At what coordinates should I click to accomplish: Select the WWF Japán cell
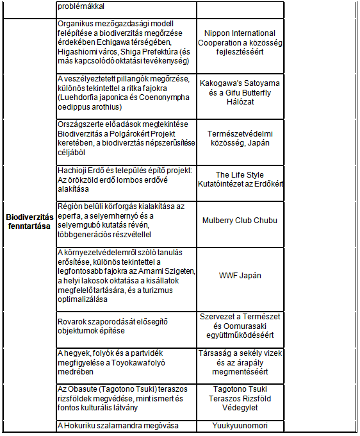click(x=240, y=276)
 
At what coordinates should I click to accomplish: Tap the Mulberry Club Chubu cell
click(x=240, y=221)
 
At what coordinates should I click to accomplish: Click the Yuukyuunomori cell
click(x=240, y=425)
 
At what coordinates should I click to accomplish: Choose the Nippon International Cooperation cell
click(x=240, y=42)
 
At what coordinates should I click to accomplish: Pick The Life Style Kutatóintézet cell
click(x=240, y=180)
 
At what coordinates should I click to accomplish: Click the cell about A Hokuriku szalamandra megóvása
click(x=117, y=426)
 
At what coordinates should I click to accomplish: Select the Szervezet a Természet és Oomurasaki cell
click(x=240, y=326)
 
